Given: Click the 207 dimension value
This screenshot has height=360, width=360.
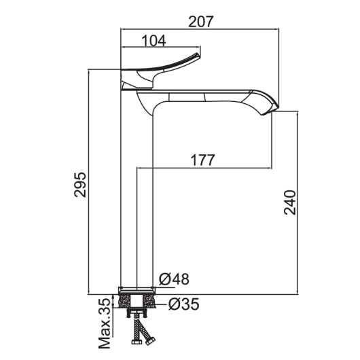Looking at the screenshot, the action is point(201,22).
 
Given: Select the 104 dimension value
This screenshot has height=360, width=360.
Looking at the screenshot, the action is point(154,41).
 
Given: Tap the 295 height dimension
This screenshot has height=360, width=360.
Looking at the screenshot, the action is point(80,184).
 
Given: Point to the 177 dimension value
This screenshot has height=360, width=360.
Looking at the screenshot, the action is point(203,160).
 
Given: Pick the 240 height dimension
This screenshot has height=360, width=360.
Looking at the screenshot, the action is point(290,202).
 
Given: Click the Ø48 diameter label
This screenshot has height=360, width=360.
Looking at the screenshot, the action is point(174,279).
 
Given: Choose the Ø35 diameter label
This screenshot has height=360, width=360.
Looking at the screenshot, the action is point(183,304).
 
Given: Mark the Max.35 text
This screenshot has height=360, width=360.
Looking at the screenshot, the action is point(105,327).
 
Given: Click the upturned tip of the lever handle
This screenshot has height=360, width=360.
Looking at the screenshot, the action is point(198,55).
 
